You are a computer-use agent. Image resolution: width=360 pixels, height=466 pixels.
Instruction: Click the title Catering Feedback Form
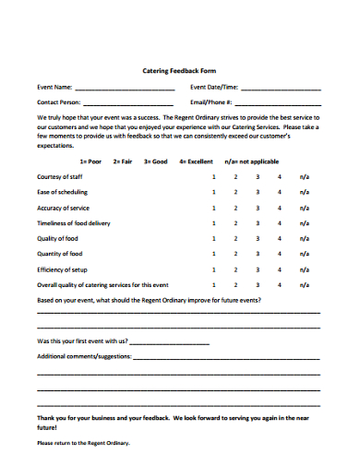tap(179, 70)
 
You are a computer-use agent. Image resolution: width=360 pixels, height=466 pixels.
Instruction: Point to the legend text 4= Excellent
tap(196, 161)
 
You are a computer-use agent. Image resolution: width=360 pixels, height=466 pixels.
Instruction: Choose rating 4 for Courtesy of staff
tap(279, 177)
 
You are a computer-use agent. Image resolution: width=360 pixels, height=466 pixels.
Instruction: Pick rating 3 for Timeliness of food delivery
tap(258, 223)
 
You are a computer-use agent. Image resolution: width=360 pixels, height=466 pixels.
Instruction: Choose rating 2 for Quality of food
tap(235, 238)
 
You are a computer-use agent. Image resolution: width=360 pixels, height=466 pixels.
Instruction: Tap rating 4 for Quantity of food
tap(279, 254)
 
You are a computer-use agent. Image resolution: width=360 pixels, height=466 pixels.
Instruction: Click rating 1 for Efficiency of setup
tap(214, 269)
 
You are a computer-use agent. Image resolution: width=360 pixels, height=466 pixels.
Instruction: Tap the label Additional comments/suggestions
tap(83, 355)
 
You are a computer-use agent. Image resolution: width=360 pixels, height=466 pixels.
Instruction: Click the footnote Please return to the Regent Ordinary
tap(83, 443)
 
